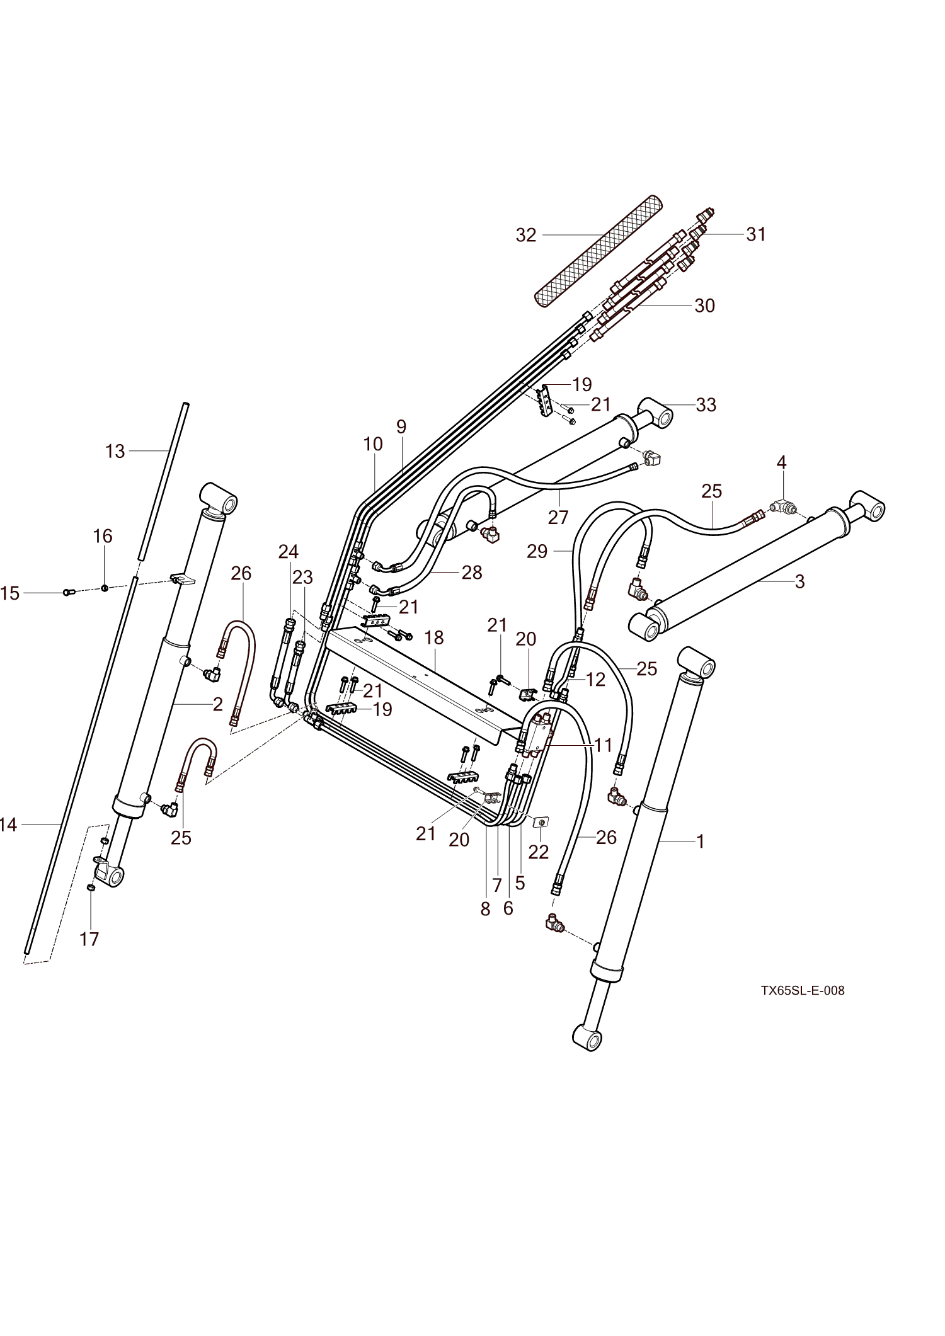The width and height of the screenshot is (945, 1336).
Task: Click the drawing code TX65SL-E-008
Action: [802, 991]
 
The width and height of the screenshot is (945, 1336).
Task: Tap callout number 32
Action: [526, 235]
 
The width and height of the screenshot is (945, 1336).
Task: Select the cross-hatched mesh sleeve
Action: [598, 252]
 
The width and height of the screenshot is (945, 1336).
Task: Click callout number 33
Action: [706, 404]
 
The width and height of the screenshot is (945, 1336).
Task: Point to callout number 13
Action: [115, 451]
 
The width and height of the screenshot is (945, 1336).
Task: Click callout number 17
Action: [89, 939]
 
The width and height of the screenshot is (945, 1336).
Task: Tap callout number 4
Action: [781, 462]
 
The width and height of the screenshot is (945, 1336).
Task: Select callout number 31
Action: [756, 234]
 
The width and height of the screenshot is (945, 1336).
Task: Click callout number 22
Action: [539, 852]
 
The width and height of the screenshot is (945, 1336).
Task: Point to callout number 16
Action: [103, 536]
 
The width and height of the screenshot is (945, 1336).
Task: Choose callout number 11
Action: [603, 745]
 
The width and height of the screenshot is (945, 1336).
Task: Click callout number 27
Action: [558, 517]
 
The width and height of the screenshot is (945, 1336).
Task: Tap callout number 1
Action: [700, 842]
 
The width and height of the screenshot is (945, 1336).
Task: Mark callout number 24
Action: [289, 552]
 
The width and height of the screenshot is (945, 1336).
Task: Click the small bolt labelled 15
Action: [69, 592]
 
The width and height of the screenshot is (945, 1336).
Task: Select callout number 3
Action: [799, 581]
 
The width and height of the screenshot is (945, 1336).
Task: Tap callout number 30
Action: [704, 305]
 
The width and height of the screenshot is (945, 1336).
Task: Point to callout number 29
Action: [537, 552]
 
